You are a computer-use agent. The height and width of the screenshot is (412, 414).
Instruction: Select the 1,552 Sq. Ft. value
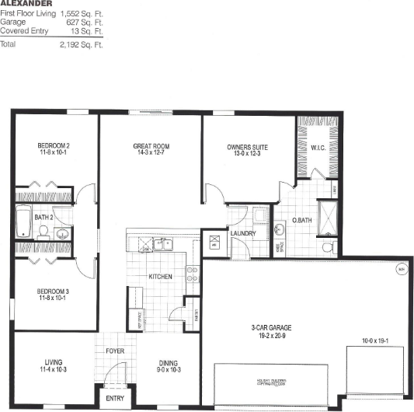tap(82, 14)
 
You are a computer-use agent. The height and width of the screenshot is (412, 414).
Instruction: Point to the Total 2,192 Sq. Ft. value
tap(82, 45)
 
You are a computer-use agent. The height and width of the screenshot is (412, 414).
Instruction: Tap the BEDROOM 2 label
tap(54, 145)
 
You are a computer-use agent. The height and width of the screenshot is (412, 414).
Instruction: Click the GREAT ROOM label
tap(151, 146)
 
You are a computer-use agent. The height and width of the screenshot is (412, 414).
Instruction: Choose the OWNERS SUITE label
tap(247, 146)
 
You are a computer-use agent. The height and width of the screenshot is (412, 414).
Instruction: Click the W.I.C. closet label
tap(318, 147)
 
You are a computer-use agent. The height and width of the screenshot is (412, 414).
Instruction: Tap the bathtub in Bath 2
tap(23, 222)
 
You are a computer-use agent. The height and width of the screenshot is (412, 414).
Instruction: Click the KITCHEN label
tap(161, 277)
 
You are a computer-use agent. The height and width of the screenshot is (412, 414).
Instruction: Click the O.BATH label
tap(301, 221)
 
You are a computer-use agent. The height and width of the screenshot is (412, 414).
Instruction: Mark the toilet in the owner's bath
tap(328, 246)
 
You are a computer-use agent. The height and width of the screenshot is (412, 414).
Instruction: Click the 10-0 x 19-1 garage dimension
tap(374, 340)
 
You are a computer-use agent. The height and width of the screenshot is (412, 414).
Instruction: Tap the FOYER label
tap(116, 351)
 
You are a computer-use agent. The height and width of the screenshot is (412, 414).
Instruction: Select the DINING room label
tap(168, 361)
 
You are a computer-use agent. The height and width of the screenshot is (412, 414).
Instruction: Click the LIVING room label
tap(53, 361)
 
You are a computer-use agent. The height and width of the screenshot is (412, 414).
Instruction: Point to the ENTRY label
tap(114, 399)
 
